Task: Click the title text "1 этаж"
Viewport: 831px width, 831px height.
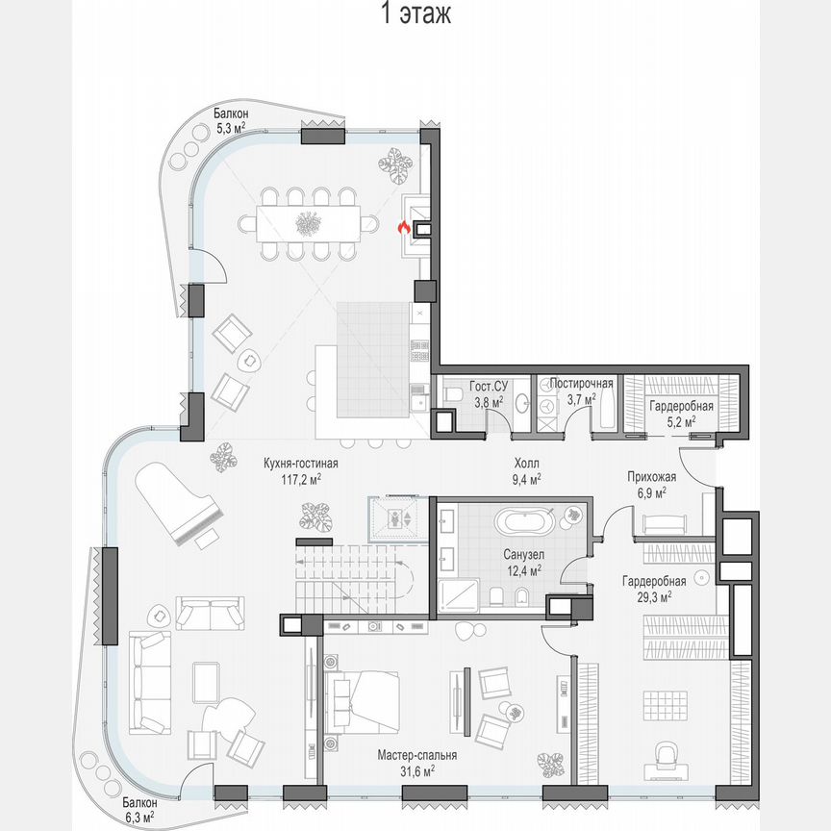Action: (415, 14)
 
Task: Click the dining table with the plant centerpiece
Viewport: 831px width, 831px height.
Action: (309, 224)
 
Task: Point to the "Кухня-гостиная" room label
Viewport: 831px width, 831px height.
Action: (301, 463)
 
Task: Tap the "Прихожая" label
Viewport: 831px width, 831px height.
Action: (652, 477)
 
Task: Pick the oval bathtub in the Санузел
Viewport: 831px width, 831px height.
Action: (524, 523)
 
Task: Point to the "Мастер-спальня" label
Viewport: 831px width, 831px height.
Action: (416, 755)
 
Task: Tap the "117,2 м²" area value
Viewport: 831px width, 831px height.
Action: (301, 477)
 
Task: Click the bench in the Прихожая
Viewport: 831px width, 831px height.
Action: (665, 524)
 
